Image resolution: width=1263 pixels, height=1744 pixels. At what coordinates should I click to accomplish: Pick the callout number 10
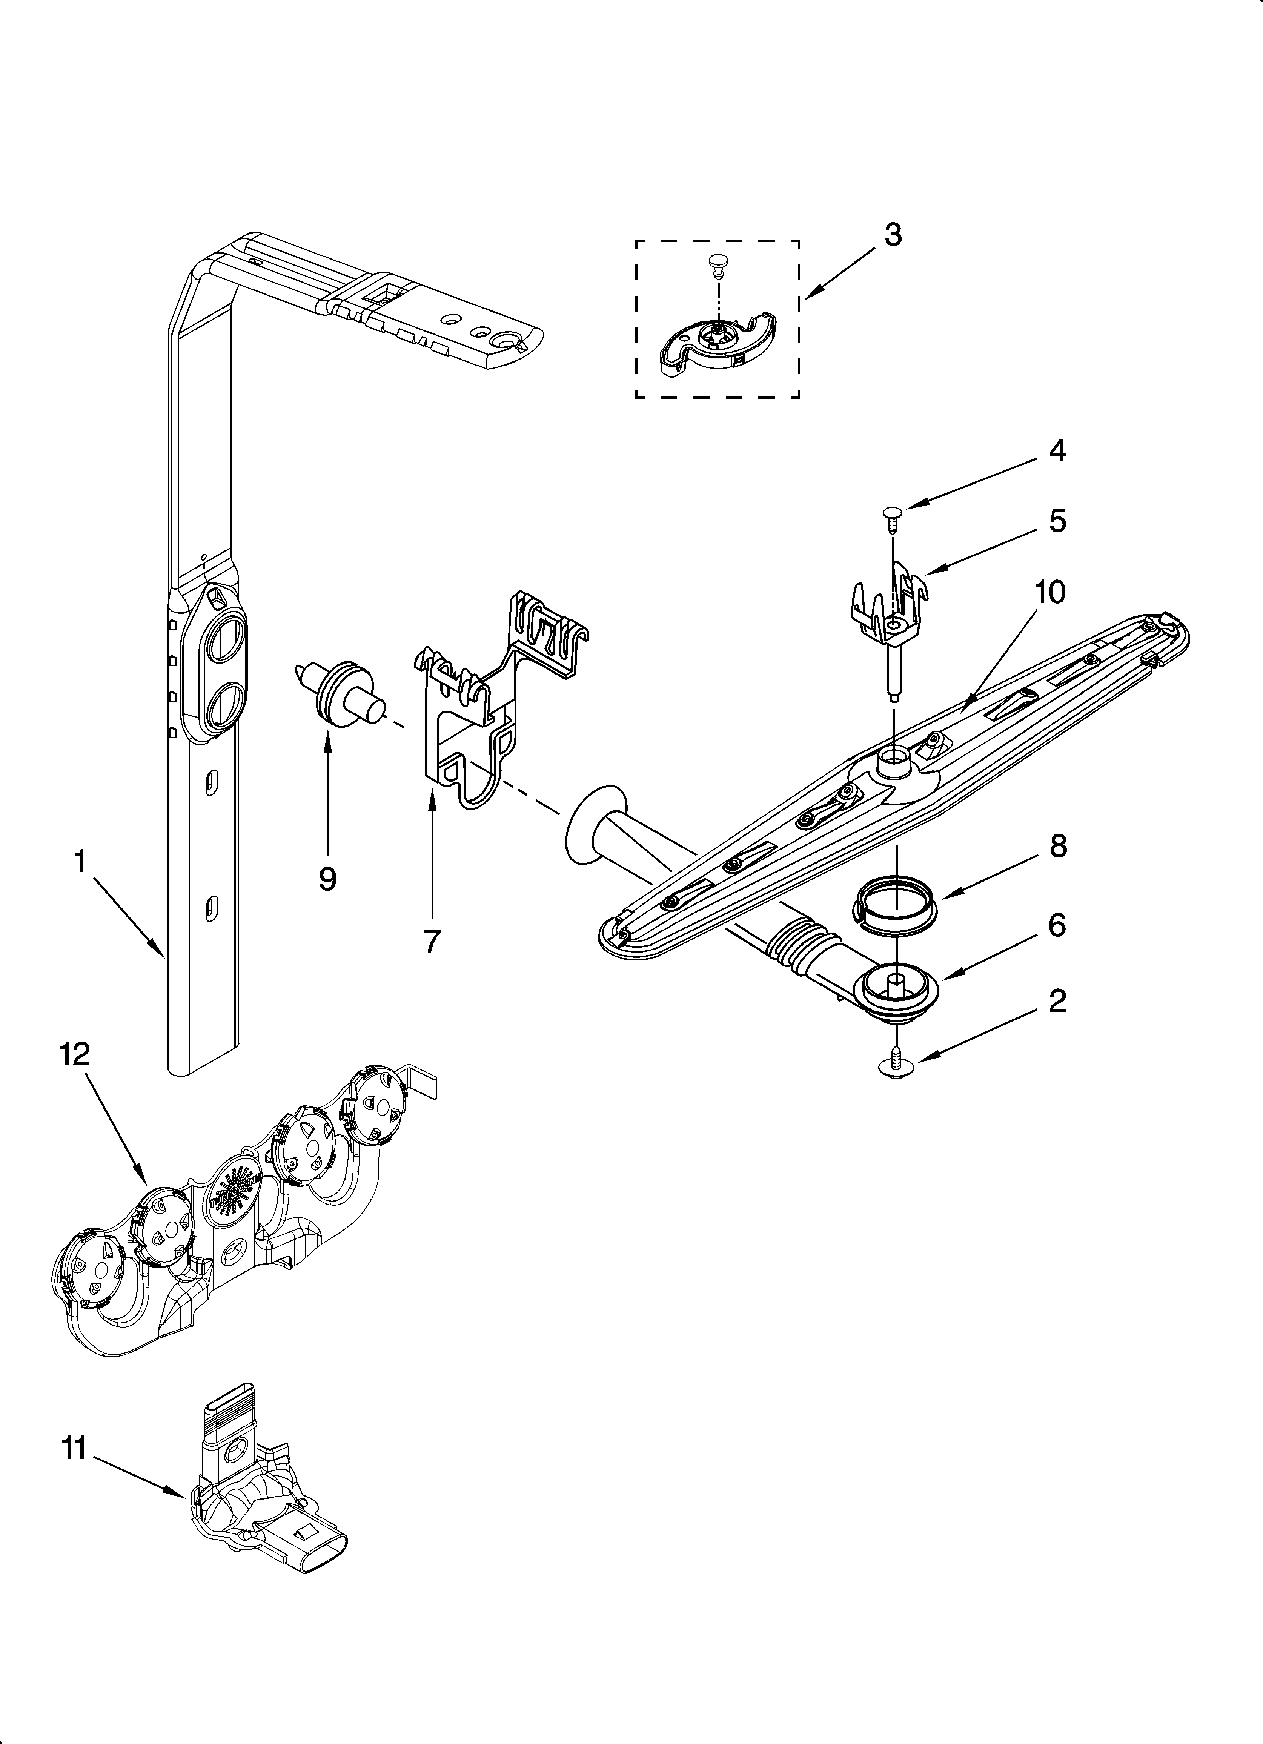click(1050, 592)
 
